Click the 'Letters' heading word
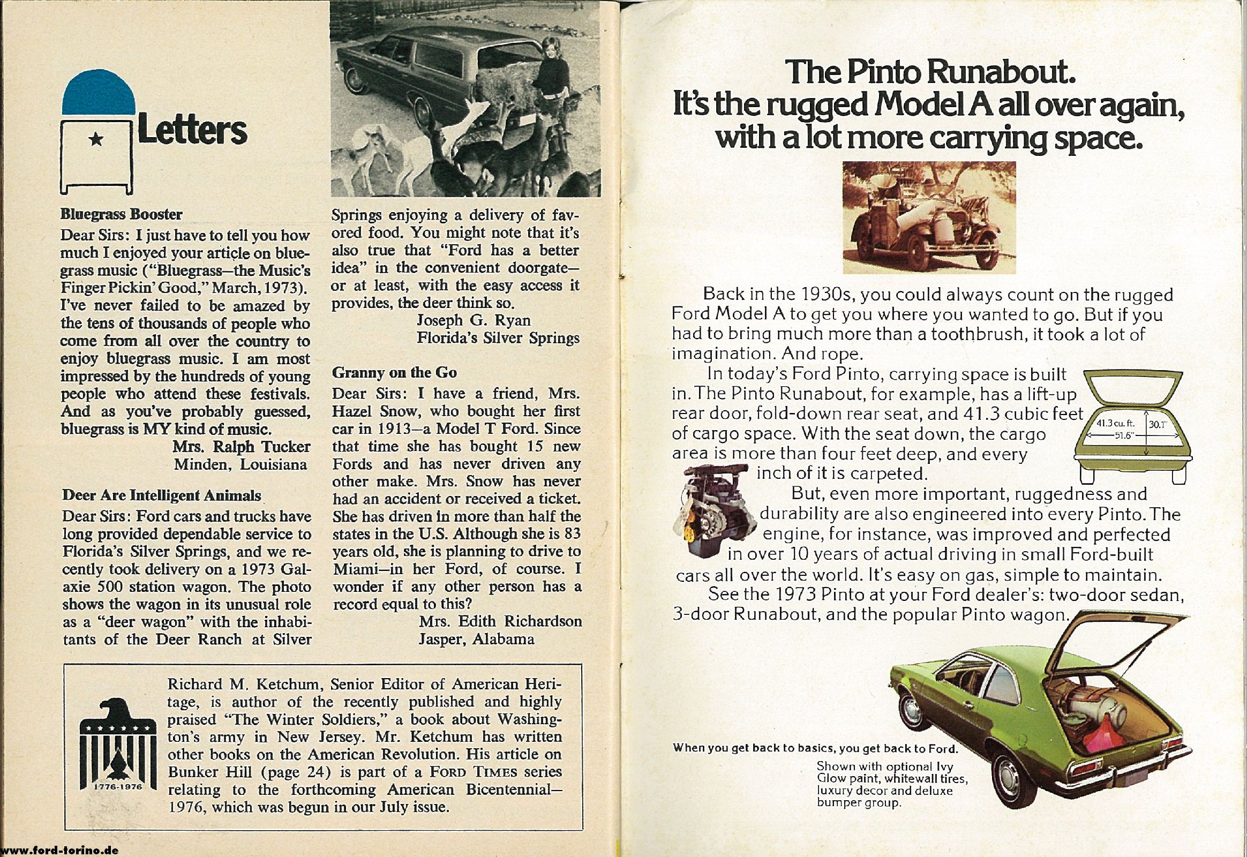(192, 131)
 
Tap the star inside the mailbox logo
(96, 140)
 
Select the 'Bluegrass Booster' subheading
(122, 215)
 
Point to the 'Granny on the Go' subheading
(394, 373)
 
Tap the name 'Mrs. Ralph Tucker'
(241, 447)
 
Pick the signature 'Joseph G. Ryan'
(473, 320)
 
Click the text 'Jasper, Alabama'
(476, 639)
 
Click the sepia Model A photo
(929, 217)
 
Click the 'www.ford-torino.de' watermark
(59, 851)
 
